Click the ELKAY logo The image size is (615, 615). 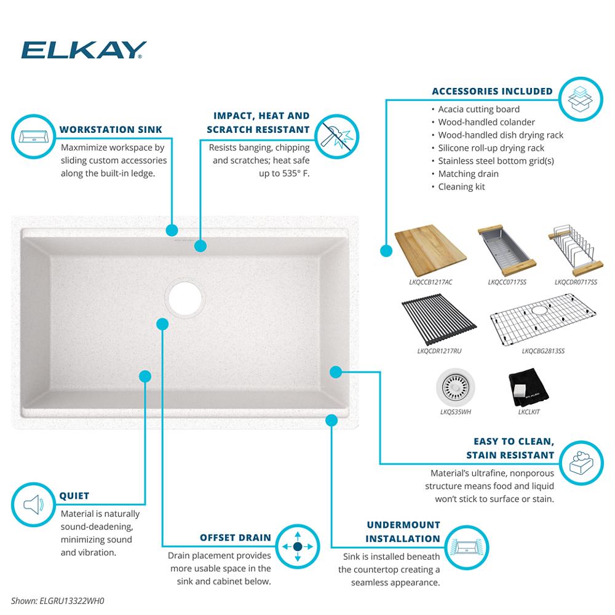pos(84,50)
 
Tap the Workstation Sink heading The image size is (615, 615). pos(111,130)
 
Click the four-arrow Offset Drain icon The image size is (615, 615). pos(297,546)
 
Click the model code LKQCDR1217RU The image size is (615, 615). pos(439,351)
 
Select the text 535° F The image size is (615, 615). pos(295,174)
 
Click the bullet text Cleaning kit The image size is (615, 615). pos(461,186)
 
